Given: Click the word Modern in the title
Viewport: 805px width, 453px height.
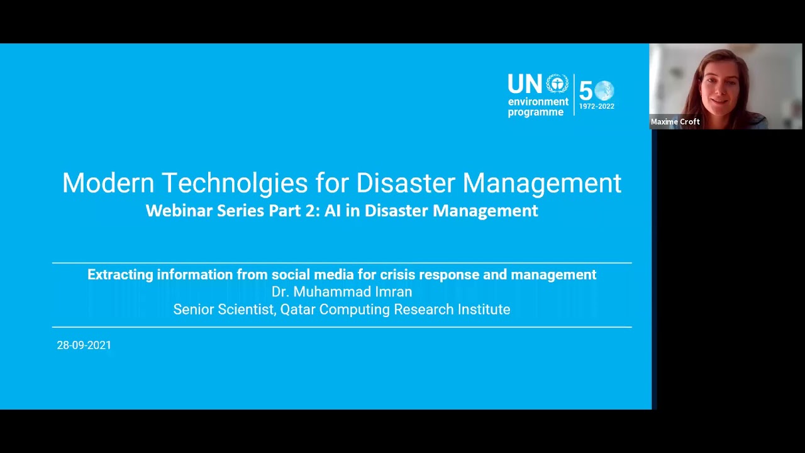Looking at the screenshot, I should tap(108, 183).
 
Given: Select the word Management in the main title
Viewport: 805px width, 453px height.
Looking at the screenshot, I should tap(541, 183).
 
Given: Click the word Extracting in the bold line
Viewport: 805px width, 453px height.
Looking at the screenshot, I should tap(119, 275).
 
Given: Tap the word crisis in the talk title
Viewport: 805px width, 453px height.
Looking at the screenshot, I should tap(397, 275).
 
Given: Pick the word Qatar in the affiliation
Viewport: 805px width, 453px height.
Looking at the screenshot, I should tap(297, 310).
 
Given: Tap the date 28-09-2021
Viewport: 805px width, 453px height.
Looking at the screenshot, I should tap(84, 345).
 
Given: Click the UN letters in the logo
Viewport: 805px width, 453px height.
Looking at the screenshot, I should tap(525, 84).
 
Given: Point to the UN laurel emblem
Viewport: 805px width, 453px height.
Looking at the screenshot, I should tap(557, 84).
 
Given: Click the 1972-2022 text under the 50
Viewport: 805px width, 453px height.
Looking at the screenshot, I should tap(596, 106).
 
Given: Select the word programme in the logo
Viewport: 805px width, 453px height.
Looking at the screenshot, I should tap(535, 113).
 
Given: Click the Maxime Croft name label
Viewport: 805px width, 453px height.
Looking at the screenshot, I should tap(675, 122).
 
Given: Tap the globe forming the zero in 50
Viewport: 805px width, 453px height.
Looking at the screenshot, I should tap(604, 91).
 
